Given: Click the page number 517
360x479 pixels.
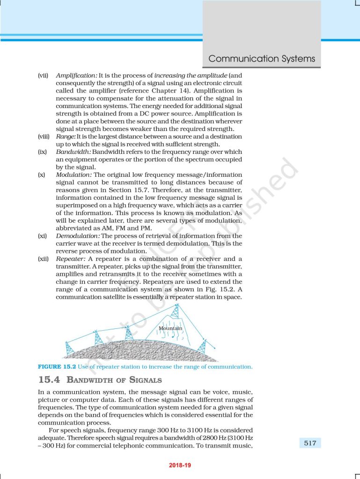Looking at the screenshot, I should pyautogui.click(x=310, y=443).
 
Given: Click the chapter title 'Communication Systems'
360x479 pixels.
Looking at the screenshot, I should pyautogui.click(x=262, y=59).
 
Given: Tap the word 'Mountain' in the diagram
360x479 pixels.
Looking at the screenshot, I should pyautogui.click(x=170, y=328).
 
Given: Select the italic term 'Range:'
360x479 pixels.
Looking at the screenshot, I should pyautogui.click(x=66, y=136).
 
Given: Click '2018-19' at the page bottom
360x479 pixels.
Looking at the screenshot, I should pyautogui.click(x=180, y=465).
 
